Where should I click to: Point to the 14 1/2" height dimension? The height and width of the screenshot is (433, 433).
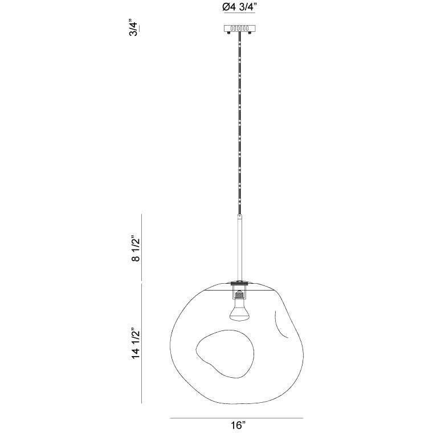(x=136, y=344)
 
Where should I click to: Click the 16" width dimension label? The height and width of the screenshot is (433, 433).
(x=239, y=426)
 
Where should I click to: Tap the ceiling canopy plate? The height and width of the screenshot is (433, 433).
(x=239, y=28)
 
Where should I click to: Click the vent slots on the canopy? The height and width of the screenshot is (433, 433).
(x=239, y=27)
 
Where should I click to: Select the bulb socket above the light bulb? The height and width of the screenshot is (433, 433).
(x=239, y=295)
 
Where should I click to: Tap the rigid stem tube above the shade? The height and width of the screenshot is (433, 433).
(x=239, y=251)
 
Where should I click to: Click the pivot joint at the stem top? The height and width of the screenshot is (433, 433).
(x=239, y=217)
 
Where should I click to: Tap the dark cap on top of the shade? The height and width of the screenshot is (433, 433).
(x=239, y=281)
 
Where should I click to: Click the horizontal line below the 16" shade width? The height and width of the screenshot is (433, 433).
(x=239, y=418)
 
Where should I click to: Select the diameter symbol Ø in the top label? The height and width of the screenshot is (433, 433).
(x=220, y=7)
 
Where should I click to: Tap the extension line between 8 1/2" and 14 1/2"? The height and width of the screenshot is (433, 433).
(x=141, y=281)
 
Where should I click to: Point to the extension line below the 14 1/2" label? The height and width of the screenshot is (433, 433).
(x=141, y=402)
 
